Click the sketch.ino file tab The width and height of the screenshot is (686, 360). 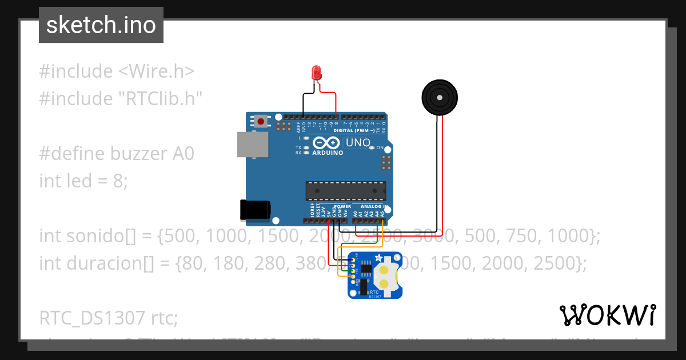(101, 25)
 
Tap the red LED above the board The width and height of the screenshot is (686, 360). (316, 73)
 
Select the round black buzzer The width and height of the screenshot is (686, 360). (439, 98)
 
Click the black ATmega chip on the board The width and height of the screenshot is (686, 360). (345, 191)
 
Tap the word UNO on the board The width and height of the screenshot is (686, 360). (358, 142)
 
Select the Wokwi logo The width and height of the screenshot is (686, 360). (607, 315)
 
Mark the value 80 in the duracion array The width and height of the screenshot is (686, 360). (190, 263)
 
